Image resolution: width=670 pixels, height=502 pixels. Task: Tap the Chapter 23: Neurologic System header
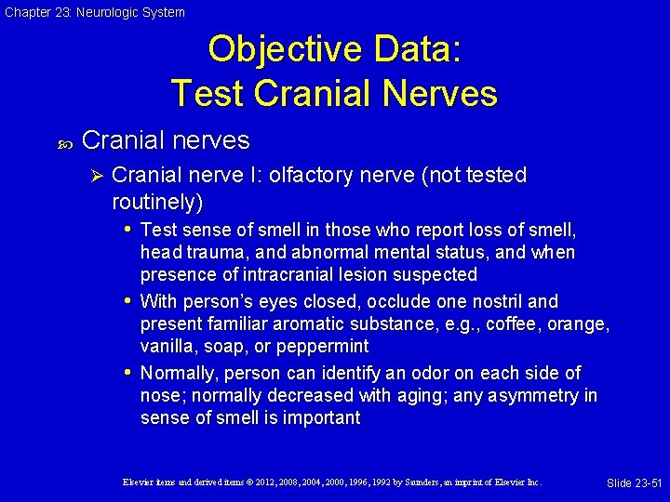click(93, 12)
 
